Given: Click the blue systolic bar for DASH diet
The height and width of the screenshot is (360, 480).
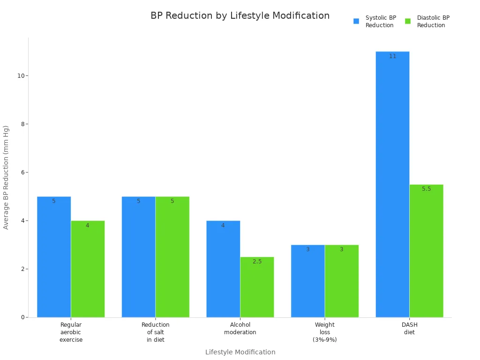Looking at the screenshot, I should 392,187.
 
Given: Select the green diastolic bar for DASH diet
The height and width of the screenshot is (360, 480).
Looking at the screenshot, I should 426,253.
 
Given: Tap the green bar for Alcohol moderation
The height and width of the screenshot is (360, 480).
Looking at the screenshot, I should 257,288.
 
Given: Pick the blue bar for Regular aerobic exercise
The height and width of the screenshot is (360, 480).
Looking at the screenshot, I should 54,258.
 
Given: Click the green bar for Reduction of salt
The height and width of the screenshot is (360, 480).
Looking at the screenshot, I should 172,258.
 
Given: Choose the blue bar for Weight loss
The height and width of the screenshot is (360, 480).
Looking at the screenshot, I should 307,281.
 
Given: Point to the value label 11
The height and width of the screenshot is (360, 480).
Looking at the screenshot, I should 392,56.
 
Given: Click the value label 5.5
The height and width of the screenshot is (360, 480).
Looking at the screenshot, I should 426,189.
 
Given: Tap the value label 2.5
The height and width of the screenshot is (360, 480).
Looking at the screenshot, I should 257,262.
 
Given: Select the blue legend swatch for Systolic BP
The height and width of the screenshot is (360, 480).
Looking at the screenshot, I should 356,21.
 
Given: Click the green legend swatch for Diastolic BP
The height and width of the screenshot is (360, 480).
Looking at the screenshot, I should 408,21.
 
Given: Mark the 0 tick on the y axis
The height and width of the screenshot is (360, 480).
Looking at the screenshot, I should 22,317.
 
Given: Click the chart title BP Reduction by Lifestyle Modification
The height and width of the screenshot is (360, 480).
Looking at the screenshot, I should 240,15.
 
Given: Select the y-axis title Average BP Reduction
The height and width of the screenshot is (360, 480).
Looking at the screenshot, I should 6,177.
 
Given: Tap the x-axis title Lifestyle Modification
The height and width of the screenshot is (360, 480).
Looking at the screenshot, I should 240,352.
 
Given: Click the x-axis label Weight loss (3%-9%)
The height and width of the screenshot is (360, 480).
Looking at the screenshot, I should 325,332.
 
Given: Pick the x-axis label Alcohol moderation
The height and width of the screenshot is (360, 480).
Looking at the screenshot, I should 240,328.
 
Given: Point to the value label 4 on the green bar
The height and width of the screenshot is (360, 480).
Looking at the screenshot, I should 87,225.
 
